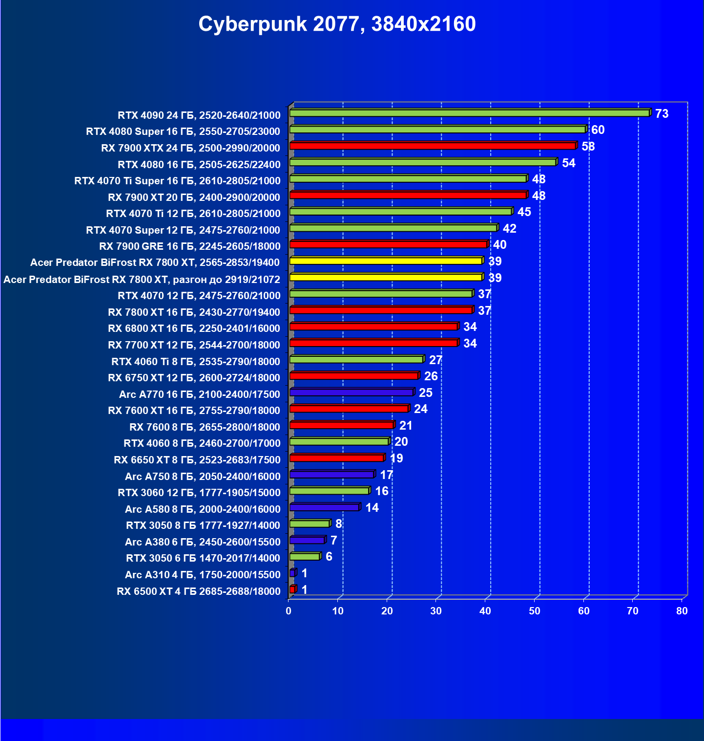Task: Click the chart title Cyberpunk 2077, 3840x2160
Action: [337, 24]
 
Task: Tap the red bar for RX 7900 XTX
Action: [432, 146]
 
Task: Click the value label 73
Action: [662, 114]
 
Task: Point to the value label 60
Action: [598, 130]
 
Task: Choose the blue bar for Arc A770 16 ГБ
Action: [352, 392]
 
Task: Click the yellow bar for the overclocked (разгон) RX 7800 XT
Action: [386, 278]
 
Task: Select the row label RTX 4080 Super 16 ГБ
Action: [183, 131]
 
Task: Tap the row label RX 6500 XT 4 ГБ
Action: [199, 591]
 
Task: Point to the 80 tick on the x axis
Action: [682, 611]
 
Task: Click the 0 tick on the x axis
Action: [289, 611]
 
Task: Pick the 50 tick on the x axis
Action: [534, 611]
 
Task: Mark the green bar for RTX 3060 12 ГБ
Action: [329, 491]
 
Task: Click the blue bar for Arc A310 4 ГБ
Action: [292, 573]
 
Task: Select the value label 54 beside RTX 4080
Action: [568, 163]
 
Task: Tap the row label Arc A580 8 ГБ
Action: [203, 509]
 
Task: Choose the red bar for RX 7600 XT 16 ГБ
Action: [349, 409]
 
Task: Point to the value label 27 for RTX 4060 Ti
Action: [435, 360]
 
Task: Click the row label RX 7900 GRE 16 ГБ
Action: [190, 246]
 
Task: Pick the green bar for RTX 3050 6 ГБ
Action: [305, 557]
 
